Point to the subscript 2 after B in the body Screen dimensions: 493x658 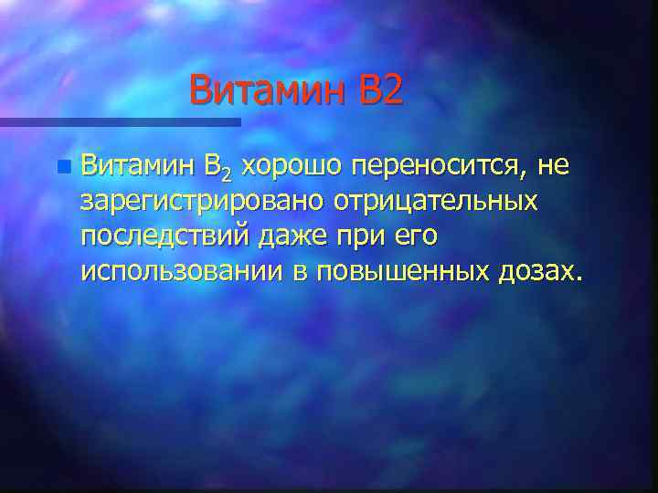[228, 173]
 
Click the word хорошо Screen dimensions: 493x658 [293, 167]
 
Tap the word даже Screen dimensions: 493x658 [291, 236]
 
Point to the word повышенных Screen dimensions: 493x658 [403, 271]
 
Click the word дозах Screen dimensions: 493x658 [539, 271]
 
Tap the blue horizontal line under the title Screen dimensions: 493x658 [119, 121]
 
